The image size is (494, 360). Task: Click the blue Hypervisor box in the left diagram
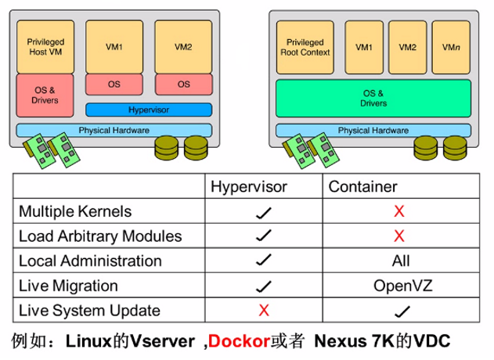pyautogui.click(x=148, y=110)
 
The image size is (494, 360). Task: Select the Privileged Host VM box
pyautogui.click(x=45, y=46)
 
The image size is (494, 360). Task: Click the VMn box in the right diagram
pyautogui.click(x=450, y=47)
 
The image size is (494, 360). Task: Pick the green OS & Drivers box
pyautogui.click(x=373, y=99)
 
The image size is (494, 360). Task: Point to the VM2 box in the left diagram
pyautogui.click(x=184, y=47)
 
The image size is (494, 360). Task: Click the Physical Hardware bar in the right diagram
pyautogui.click(x=373, y=130)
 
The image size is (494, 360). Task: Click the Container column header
pyautogui.click(x=362, y=186)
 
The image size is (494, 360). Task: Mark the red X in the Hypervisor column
pyautogui.click(x=264, y=311)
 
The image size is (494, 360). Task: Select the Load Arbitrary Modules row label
pyautogui.click(x=99, y=236)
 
